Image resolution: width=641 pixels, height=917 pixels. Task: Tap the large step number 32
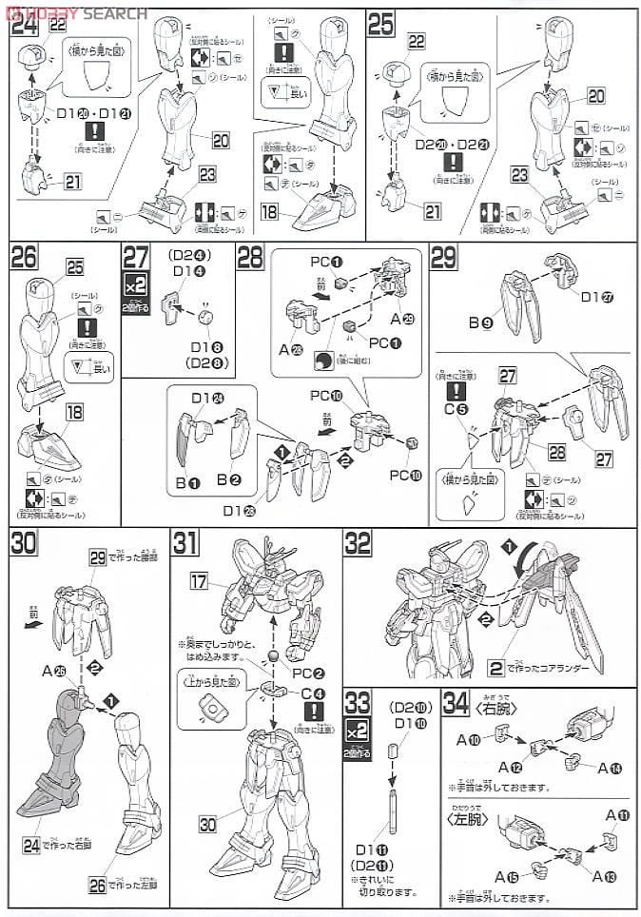[359, 542]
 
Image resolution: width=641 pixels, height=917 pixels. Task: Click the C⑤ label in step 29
[460, 410]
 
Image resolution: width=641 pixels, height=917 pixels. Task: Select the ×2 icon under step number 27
[135, 283]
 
